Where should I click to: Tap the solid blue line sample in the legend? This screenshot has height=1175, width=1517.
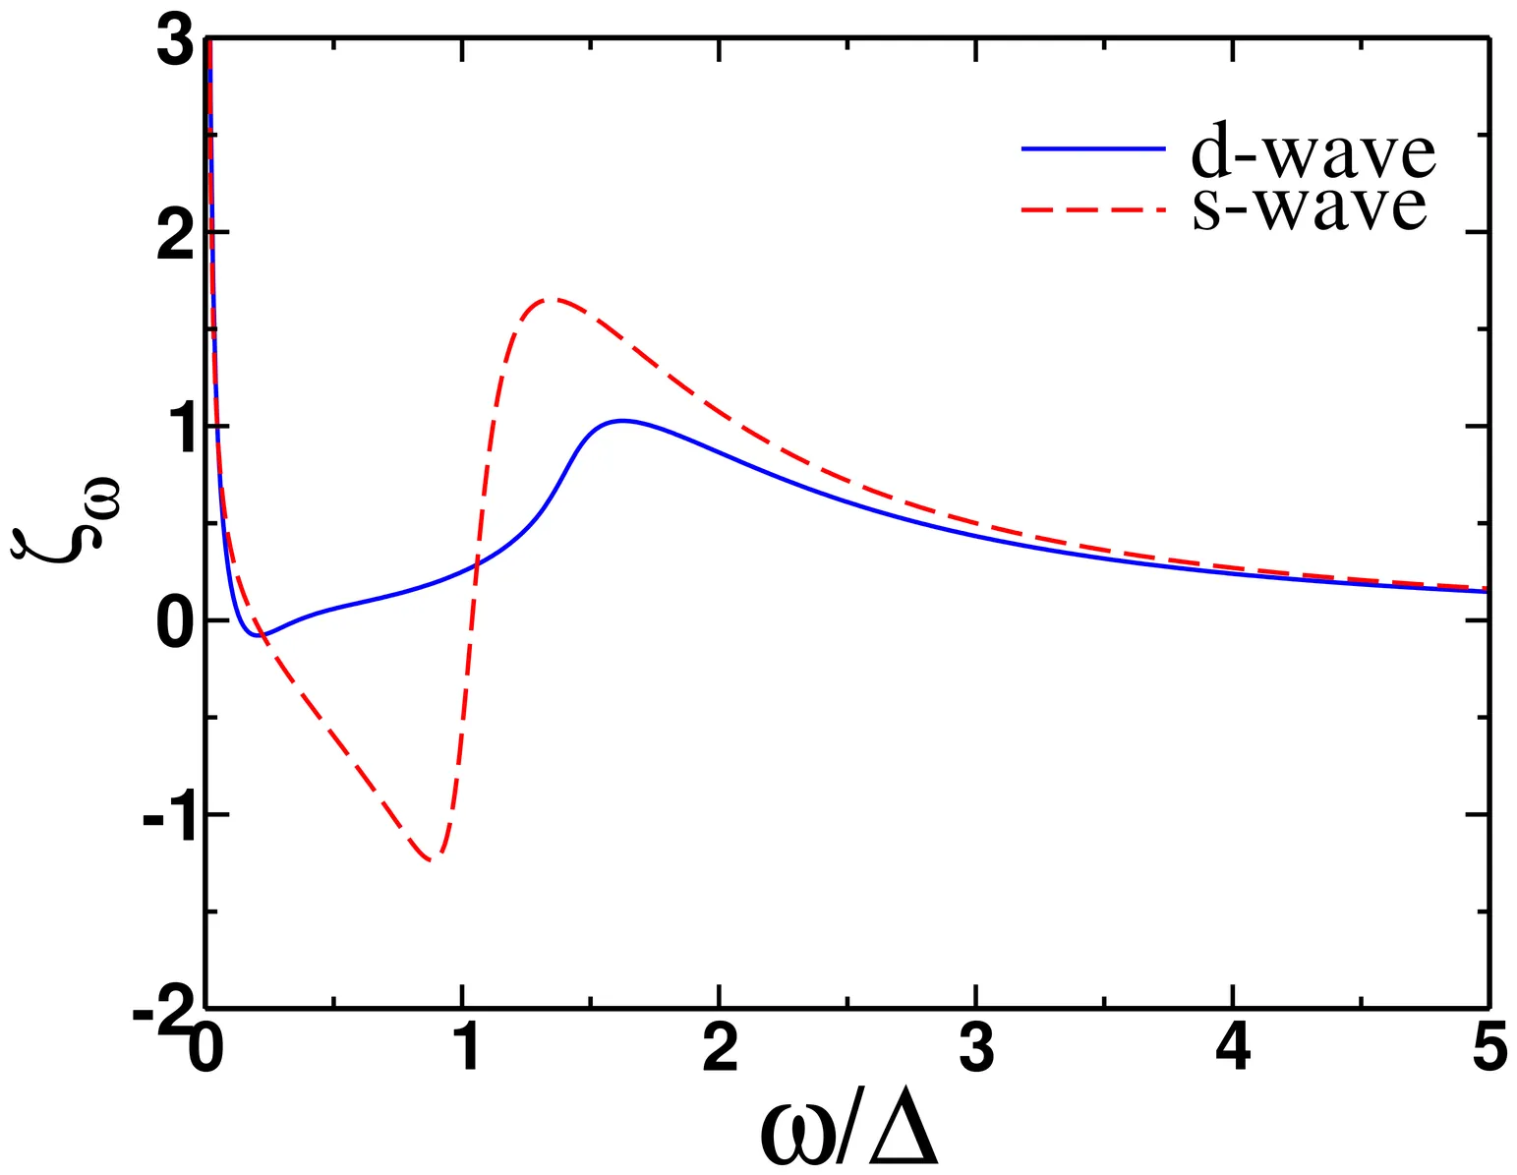point(1093,148)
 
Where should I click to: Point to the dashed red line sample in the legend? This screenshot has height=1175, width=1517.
point(1093,209)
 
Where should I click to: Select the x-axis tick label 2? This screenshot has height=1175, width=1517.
point(720,1050)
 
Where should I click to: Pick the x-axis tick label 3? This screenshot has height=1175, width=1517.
point(976,1050)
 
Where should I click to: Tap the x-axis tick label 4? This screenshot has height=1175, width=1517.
point(1233,1050)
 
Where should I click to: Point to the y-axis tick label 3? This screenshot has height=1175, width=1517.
point(175,47)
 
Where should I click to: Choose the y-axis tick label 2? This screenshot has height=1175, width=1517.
point(175,239)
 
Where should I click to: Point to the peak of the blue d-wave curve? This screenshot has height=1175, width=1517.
point(620,421)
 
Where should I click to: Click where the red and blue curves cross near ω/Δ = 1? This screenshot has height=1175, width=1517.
point(477,562)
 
